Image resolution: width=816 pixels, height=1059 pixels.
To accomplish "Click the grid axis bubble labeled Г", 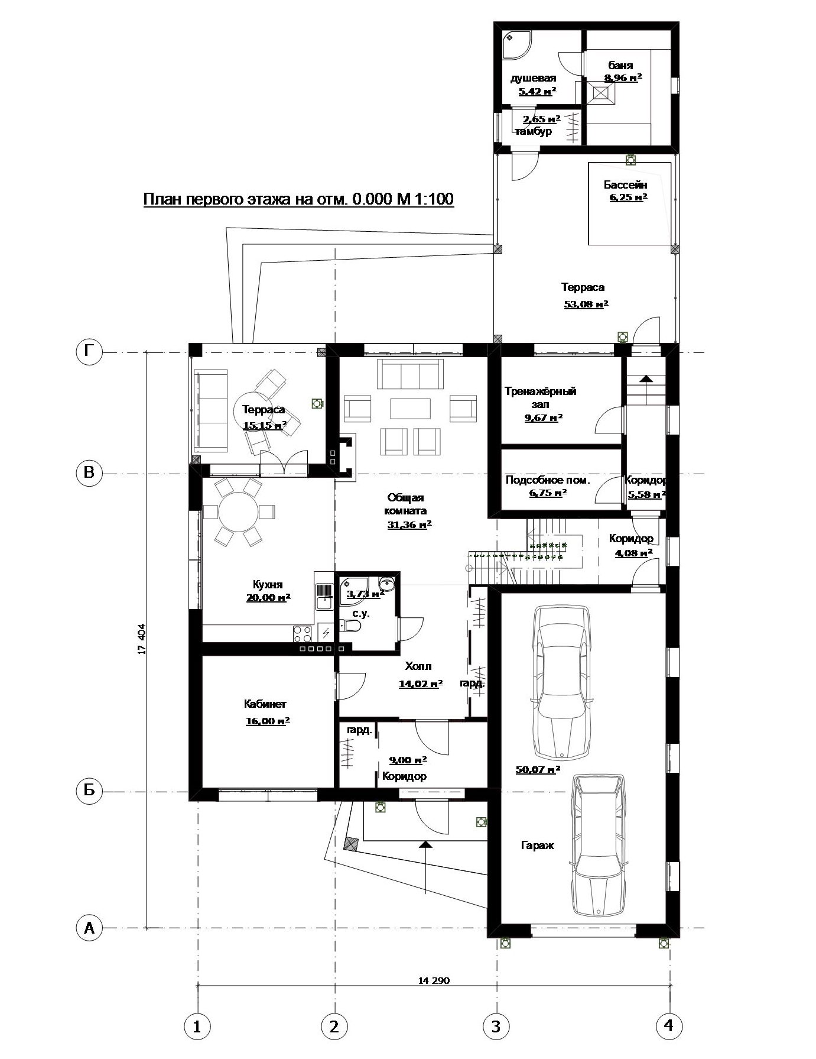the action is [x=89, y=352].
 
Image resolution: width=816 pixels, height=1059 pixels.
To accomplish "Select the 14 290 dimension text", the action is [x=434, y=980].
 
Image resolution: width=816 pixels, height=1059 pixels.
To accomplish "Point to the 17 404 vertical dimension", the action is [x=141, y=639].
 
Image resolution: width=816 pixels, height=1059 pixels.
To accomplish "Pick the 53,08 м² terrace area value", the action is [x=586, y=305].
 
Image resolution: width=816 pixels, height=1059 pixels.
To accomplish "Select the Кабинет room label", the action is [x=265, y=704].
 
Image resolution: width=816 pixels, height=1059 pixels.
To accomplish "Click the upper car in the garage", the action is [x=561, y=682].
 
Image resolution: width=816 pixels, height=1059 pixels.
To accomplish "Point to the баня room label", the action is [x=620, y=66].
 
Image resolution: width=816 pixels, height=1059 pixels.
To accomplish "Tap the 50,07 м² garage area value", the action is [x=538, y=769].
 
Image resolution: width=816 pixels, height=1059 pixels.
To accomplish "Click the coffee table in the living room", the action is [x=410, y=409].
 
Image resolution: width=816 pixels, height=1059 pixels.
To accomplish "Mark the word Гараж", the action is [x=538, y=846].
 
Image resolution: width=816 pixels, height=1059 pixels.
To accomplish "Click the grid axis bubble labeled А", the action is [x=89, y=928].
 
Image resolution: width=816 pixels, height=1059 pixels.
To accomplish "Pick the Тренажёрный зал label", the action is [x=541, y=397].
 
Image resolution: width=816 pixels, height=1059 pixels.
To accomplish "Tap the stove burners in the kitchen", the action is [x=303, y=634].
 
